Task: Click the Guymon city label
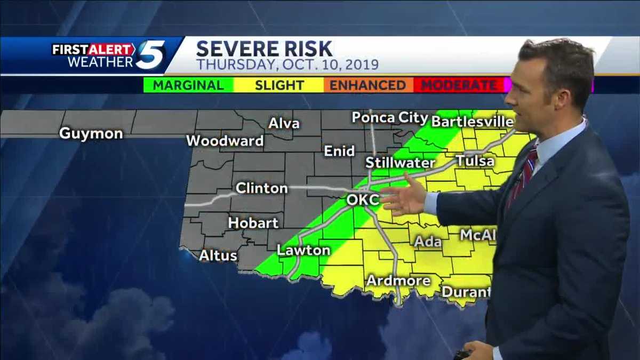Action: click(91, 133)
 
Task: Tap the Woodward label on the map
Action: click(225, 141)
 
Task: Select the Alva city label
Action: click(284, 124)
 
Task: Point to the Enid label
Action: click(339, 151)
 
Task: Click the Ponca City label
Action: click(390, 117)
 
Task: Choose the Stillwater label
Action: click(401, 163)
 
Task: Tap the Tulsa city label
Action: click(475, 161)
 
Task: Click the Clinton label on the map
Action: click(261, 188)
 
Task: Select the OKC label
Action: click(363, 200)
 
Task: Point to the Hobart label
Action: click(253, 223)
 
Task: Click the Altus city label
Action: click(218, 255)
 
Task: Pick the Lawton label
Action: click(303, 250)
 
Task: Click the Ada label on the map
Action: click(428, 242)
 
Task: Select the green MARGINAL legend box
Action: click(189, 85)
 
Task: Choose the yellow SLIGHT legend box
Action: click(279, 85)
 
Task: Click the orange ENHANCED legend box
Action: click(369, 85)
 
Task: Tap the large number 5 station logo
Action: click(150, 55)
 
